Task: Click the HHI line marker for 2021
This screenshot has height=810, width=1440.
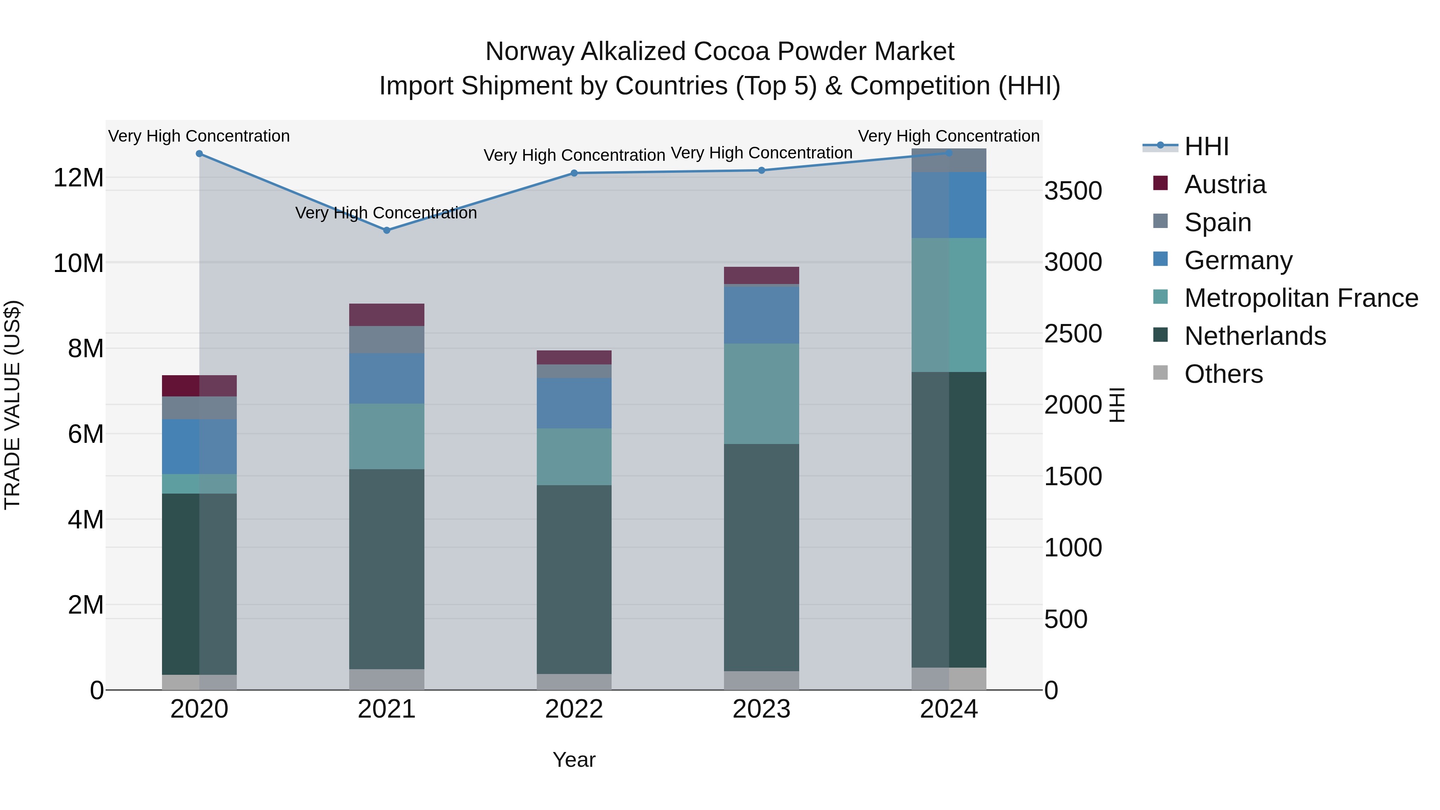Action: [x=386, y=230]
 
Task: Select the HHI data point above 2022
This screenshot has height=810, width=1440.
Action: [x=574, y=173]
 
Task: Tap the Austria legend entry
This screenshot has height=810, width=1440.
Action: [x=1224, y=184]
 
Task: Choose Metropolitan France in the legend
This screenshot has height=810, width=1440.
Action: [x=1301, y=298]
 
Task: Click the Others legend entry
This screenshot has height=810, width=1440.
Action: [x=1223, y=374]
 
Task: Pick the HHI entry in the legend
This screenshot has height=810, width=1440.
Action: [x=1206, y=146]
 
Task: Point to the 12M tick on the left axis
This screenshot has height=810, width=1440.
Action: [x=78, y=178]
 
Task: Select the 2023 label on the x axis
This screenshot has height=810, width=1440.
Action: [x=761, y=709]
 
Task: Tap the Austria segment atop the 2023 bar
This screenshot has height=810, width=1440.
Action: [x=761, y=275]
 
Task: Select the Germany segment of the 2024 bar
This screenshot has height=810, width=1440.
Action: [x=949, y=205]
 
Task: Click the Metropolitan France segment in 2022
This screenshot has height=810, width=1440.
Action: [x=574, y=457]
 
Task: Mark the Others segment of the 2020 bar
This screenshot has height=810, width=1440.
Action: [x=199, y=682]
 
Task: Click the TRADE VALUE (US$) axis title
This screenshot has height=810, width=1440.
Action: [x=12, y=405]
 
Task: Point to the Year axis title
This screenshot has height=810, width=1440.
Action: [x=574, y=760]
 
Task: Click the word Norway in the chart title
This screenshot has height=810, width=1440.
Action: [x=529, y=52]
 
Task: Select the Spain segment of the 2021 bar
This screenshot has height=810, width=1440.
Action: [x=386, y=339]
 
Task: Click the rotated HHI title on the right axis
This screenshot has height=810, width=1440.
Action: [x=1116, y=405]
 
